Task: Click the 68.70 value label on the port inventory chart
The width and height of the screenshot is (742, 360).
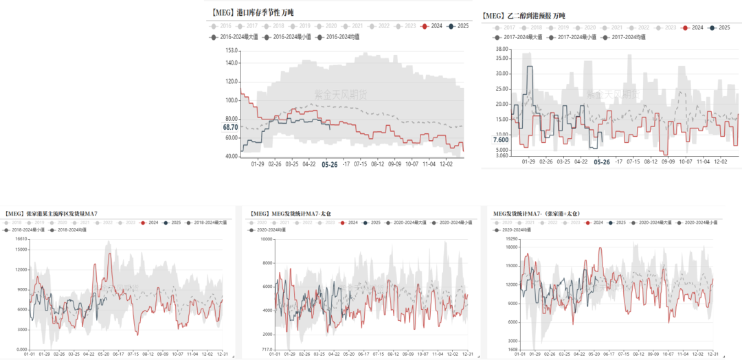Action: click(x=230, y=127)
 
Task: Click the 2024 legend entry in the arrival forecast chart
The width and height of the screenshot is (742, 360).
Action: click(x=694, y=27)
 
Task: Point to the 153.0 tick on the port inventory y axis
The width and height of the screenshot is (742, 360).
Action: click(x=231, y=50)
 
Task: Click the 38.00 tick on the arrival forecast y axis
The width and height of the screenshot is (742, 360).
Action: click(x=501, y=49)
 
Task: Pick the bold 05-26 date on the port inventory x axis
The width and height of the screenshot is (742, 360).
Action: click(x=330, y=164)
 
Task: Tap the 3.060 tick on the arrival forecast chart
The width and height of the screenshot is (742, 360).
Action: click(x=501, y=156)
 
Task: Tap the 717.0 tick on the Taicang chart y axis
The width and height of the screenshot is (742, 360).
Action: click(x=265, y=350)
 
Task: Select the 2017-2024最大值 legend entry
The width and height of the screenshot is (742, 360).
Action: click(x=521, y=37)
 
